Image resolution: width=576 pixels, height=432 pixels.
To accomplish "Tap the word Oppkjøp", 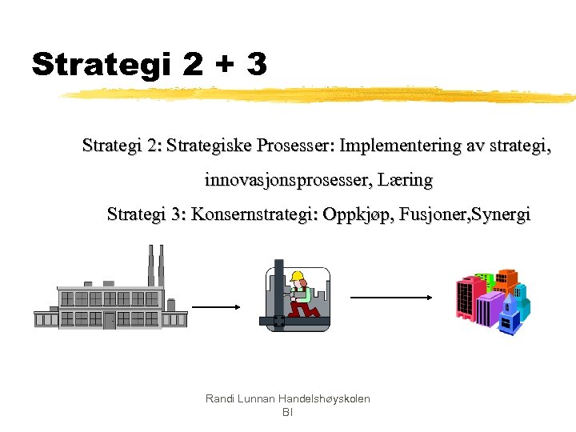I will [x=351, y=215].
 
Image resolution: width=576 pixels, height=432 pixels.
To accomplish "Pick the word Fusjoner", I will [x=427, y=215].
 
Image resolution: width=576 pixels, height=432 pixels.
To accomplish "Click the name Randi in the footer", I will [x=220, y=398].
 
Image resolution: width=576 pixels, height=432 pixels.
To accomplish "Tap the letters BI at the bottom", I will [x=288, y=412].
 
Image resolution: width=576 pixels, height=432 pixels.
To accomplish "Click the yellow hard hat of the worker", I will [x=298, y=277].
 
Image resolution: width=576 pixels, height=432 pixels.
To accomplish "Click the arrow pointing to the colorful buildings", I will [x=392, y=298].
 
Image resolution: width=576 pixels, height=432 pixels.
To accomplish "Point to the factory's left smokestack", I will [x=150, y=264].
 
